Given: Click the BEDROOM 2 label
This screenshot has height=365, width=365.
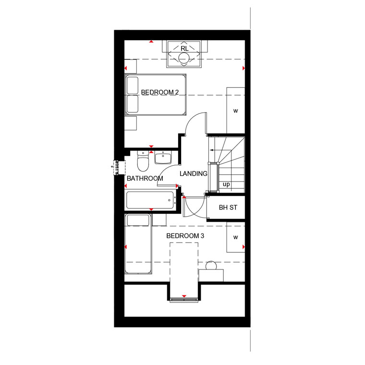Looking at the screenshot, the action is [159, 92].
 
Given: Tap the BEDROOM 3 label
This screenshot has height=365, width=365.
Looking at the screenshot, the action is [185, 236].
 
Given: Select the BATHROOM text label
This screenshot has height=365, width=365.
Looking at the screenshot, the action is [145, 178].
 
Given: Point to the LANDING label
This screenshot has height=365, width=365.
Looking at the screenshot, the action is [194, 173].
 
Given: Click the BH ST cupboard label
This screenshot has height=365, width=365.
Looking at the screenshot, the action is [228, 207].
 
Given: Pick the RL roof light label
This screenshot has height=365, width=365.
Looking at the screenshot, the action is [184, 49].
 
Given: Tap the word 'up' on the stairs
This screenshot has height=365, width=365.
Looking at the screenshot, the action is [226, 184].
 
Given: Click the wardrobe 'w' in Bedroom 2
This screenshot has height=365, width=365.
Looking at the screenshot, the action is [236, 111].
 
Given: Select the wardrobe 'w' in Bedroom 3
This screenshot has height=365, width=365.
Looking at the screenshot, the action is [236, 237].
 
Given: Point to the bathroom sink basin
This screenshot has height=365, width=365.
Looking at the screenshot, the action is [163, 158].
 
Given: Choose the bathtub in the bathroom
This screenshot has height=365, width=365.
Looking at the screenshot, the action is [151, 200].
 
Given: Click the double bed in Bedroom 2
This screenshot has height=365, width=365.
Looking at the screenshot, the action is [156, 95].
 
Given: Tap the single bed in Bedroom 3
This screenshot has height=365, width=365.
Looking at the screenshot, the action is [138, 243].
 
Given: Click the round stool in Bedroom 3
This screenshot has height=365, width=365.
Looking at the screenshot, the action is [211, 266].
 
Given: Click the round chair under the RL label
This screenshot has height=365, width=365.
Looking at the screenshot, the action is [184, 58].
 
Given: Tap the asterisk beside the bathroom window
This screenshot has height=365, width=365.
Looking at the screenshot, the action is [112, 167].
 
